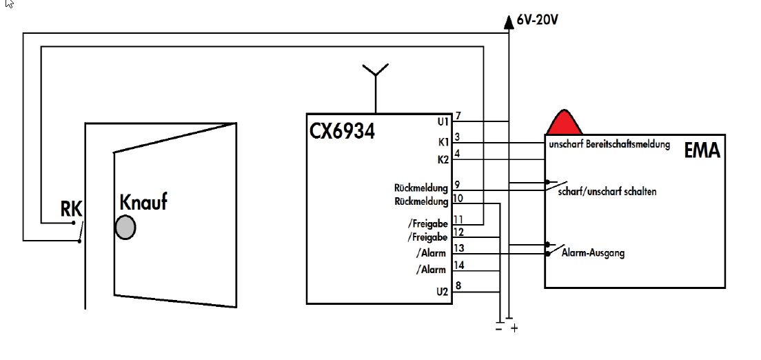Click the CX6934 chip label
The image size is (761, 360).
point(343,131)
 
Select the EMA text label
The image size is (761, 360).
point(702,150)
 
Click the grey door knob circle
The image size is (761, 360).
point(125,227)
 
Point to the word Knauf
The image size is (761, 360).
point(143,203)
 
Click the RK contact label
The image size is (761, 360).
point(72,209)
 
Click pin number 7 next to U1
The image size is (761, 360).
point(458,115)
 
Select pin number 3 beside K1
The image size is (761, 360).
point(458,137)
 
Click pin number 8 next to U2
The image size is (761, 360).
point(458,286)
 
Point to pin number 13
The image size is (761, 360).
point(459,248)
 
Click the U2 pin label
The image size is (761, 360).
point(442,292)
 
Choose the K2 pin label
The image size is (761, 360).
point(443,159)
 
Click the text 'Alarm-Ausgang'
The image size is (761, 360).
point(593,253)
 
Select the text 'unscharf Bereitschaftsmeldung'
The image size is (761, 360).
point(609,146)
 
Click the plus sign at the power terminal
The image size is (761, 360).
point(514,330)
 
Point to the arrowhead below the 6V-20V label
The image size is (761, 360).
point(509,21)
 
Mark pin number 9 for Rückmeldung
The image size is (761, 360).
point(458,184)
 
